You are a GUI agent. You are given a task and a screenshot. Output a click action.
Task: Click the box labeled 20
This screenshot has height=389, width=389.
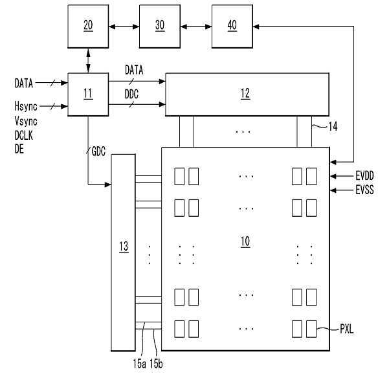(88, 27)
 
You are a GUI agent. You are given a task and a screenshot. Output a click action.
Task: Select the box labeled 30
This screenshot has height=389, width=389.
(160, 27)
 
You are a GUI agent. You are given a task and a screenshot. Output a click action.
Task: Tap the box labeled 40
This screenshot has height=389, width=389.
(232, 27)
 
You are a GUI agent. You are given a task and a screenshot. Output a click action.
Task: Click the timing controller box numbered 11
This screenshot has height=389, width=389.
(88, 94)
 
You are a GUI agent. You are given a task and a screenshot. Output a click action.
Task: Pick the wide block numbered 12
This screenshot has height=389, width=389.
(247, 94)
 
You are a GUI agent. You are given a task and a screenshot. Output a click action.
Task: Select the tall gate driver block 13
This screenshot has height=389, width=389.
(123, 252)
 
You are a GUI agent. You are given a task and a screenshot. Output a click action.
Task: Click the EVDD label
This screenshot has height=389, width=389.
(364, 176)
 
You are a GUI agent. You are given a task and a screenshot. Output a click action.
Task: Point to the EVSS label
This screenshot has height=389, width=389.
(364, 190)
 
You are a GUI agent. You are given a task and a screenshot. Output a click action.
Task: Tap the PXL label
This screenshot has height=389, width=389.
(346, 329)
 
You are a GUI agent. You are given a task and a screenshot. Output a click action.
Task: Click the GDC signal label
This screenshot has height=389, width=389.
(98, 151)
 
